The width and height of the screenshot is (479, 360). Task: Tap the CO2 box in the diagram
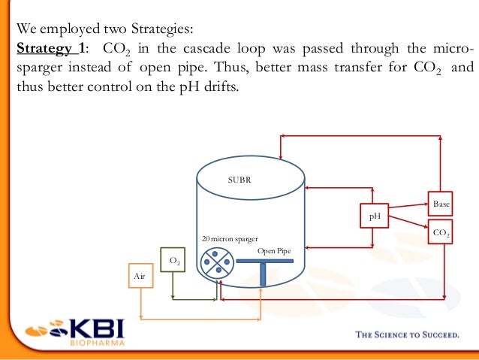[441, 234]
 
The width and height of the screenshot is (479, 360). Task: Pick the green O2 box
[173, 261]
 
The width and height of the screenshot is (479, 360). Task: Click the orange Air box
[139, 277]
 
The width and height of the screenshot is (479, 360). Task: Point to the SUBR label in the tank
[239, 180]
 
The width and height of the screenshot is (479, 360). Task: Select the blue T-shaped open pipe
[264, 265]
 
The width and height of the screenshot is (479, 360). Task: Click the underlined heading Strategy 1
[47, 49]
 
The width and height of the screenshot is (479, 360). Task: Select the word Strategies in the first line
[161, 30]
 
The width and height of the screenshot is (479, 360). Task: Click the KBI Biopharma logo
[75, 332]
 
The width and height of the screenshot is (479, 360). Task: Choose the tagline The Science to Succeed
[406, 335]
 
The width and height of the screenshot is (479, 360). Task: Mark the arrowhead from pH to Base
[426, 204]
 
